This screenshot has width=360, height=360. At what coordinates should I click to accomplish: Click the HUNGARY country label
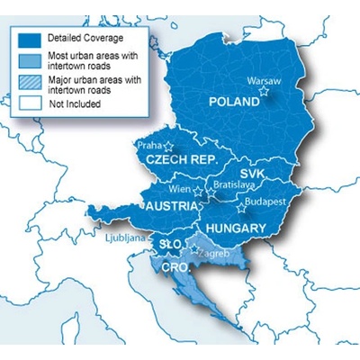[x=236, y=229]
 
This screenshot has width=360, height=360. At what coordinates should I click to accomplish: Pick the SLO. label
[x=169, y=244]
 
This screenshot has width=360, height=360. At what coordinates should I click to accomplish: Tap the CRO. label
[x=175, y=267]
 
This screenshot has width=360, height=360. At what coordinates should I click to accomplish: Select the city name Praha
[x=146, y=143]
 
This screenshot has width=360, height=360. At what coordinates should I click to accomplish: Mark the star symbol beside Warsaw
[x=264, y=91]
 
